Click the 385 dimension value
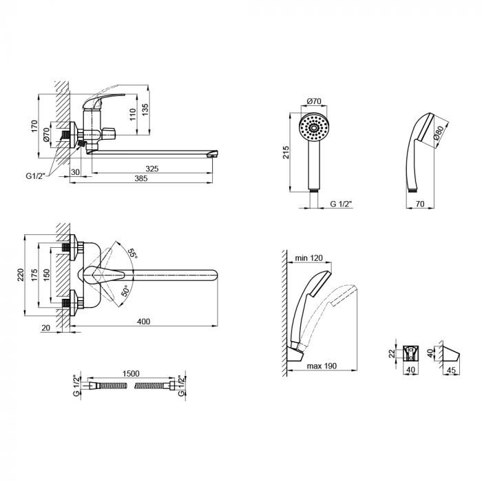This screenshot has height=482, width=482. (x=141, y=178)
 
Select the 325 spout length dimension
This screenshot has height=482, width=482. (x=152, y=169)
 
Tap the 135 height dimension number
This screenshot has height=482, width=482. (x=145, y=109)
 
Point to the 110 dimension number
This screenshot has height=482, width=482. (x=132, y=114)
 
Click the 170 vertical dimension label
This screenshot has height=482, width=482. (x=34, y=126)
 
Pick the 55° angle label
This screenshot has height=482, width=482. (x=132, y=253)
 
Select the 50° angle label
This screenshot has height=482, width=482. (x=125, y=291)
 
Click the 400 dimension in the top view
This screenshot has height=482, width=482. (x=143, y=322)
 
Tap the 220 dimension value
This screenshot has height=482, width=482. (x=20, y=275)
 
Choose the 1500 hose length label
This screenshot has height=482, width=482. (x=131, y=373)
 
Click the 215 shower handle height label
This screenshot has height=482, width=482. (x=286, y=152)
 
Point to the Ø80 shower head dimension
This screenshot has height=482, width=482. (x=439, y=132)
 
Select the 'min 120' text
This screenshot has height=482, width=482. (x=309, y=258)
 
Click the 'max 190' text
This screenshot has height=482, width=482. (x=322, y=366)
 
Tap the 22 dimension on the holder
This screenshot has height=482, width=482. (x=392, y=354)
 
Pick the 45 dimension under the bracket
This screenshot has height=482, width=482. (x=451, y=370)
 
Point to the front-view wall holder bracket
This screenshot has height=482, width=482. (x=411, y=353)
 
